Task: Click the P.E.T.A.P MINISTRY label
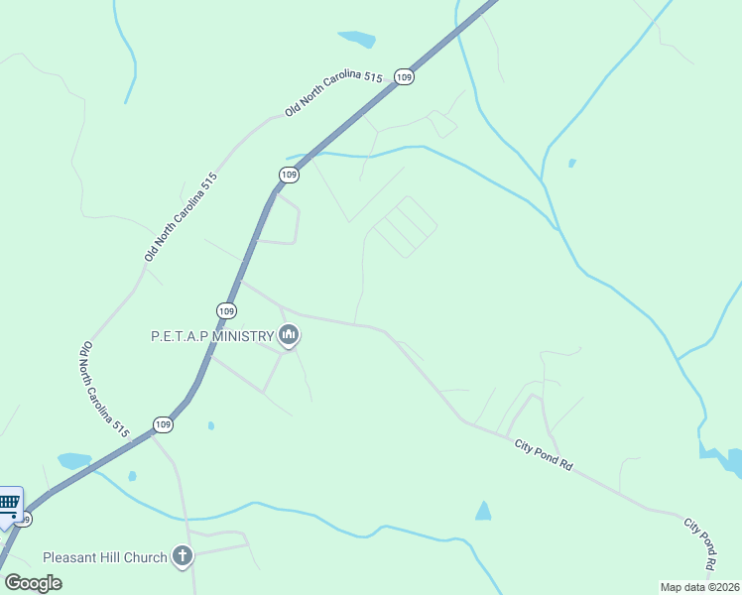tap(211, 336)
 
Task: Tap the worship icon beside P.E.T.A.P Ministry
tap(289, 336)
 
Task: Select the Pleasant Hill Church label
tap(104, 557)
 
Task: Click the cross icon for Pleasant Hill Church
tap(182, 556)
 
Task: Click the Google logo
tap(33, 582)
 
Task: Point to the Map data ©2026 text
tap(698, 587)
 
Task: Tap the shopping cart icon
tap(9, 501)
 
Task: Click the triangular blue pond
tap(483, 512)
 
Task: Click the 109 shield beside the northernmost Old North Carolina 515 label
tap(403, 76)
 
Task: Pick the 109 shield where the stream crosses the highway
tap(288, 175)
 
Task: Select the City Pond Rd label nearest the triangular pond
tap(544, 455)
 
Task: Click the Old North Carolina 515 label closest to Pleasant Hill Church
tap(103, 391)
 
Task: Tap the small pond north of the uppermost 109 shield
tap(357, 40)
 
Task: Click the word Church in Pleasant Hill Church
tap(145, 557)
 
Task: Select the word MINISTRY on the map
tap(242, 336)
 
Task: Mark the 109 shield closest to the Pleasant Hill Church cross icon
tap(163, 424)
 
